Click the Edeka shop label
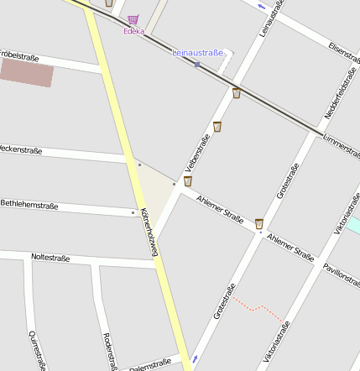tap(133, 31)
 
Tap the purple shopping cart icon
tap(133, 19)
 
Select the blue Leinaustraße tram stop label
tap(198, 53)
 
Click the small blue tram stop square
tap(197, 64)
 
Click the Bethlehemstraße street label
tap(29, 204)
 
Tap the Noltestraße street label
tap(50, 258)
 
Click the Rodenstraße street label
tap(108, 350)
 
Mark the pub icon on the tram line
tap(237, 93)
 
